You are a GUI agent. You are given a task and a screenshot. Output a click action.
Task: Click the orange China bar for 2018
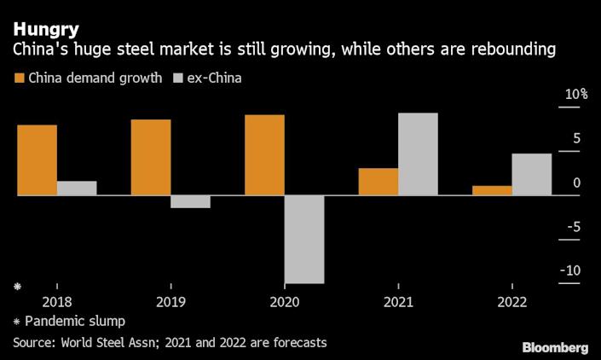coord(37,160)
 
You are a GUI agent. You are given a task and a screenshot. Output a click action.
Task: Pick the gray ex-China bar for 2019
coord(190,202)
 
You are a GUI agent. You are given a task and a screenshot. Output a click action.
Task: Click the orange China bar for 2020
coord(264,155)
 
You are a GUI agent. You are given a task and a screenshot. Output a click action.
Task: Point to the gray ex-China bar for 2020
coord(304,239)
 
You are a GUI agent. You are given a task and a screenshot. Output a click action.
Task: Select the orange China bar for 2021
coord(378,182)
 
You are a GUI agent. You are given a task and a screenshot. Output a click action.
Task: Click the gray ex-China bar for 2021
coord(418,154)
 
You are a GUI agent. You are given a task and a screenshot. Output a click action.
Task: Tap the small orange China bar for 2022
coord(492,191)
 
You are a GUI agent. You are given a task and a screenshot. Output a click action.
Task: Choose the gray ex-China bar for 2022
coord(531,175)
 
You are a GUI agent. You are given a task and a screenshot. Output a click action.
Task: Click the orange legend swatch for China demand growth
coord(19,78)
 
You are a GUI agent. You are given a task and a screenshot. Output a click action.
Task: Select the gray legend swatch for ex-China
coord(180,78)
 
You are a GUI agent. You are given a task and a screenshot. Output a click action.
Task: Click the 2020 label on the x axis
coord(284,302)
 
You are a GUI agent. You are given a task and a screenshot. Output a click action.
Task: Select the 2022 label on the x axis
coord(511,302)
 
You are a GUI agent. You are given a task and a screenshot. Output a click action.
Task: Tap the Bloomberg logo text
coord(555,347)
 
